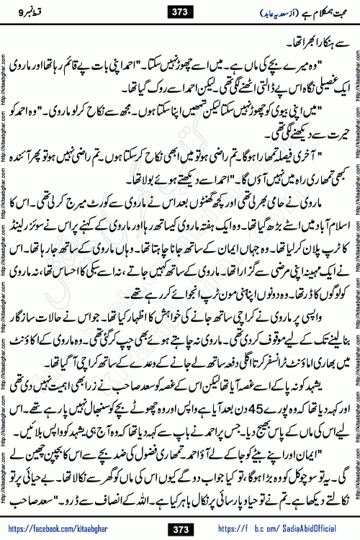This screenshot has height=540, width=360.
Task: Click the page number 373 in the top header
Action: click(179, 12)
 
